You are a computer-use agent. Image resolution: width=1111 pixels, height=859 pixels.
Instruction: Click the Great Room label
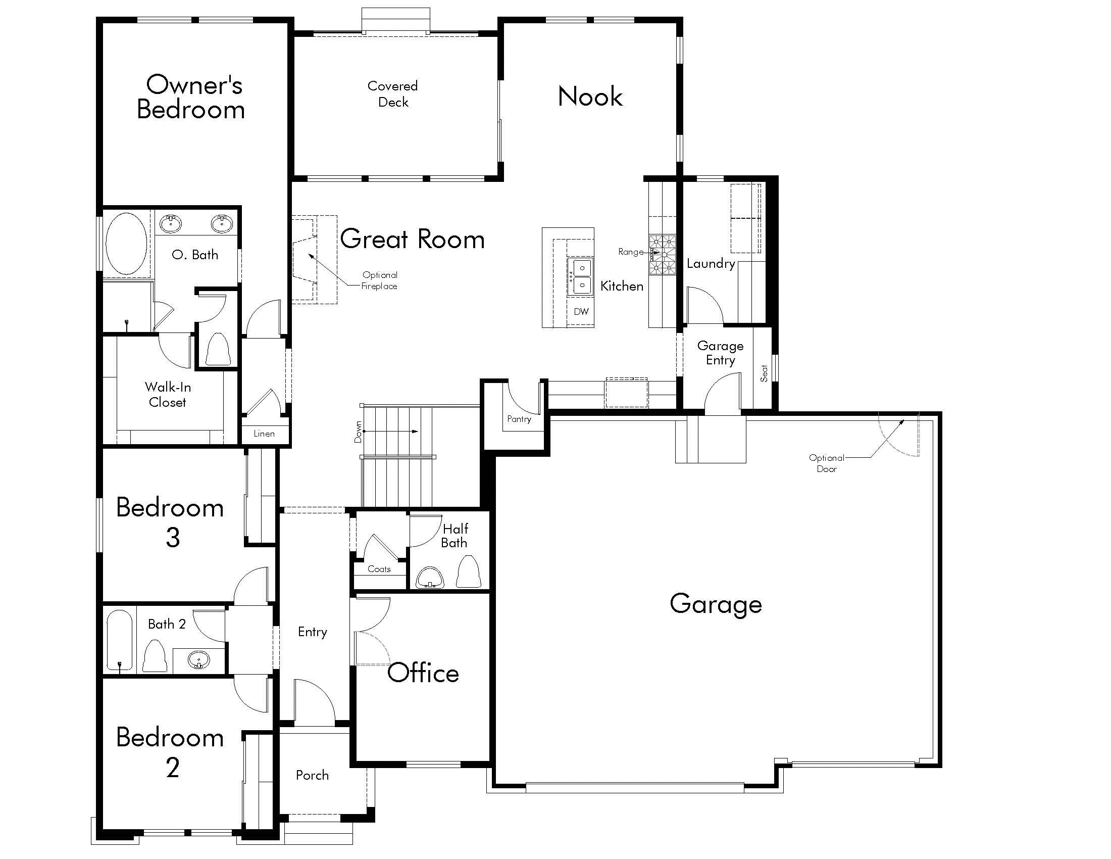412,239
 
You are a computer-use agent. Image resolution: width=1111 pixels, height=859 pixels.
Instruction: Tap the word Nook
590,97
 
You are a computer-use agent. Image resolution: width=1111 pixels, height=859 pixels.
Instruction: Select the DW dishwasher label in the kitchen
581,311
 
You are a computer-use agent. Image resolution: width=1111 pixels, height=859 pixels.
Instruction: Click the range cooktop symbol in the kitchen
663,255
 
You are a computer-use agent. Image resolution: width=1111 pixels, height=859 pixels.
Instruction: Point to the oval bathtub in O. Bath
126,244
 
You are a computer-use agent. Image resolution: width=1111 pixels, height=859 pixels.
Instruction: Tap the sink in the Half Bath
430,578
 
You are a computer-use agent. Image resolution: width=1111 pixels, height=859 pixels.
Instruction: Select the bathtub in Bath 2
120,640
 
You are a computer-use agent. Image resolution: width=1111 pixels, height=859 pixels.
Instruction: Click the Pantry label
519,419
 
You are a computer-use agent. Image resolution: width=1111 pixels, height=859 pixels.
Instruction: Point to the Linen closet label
264,434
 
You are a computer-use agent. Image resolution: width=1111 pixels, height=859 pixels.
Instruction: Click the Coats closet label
379,569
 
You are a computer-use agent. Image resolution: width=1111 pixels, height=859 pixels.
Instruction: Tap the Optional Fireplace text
379,280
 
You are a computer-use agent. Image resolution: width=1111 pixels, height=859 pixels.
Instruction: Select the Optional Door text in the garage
826,463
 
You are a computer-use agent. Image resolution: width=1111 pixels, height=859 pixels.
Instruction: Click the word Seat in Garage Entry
764,373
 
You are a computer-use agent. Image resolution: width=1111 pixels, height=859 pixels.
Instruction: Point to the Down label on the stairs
358,432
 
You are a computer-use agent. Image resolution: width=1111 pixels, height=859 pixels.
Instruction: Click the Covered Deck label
393,94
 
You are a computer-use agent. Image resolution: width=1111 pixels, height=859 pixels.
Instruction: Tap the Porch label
312,775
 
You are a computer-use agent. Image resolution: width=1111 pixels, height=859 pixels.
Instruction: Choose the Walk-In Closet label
168,395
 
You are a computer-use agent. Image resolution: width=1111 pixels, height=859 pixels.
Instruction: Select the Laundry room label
711,264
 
